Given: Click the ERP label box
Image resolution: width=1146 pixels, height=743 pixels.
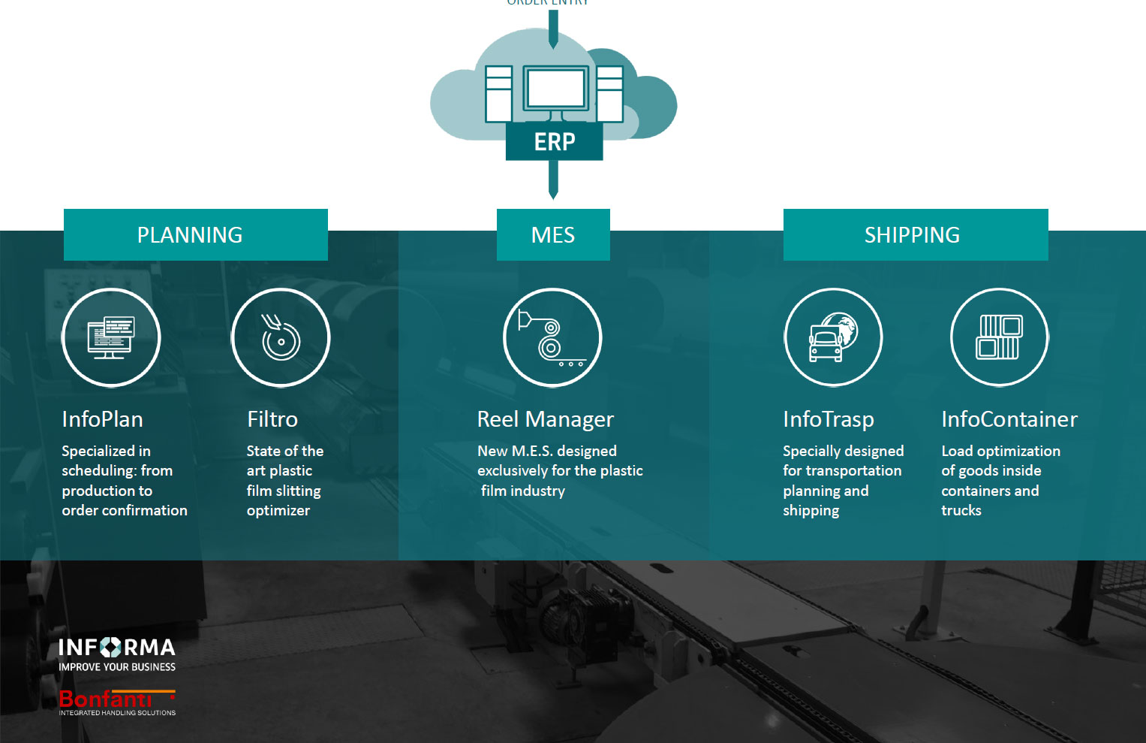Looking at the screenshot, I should [554, 141].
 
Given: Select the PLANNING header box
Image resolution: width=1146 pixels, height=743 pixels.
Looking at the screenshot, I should [195, 234].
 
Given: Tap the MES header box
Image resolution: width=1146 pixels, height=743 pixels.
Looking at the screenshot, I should [553, 234].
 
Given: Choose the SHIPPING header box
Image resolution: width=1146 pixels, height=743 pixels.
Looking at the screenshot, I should [915, 234].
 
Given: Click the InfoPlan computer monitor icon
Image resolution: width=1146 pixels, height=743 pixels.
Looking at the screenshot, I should [111, 337].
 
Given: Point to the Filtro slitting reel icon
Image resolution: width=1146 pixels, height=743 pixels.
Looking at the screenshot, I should [281, 337].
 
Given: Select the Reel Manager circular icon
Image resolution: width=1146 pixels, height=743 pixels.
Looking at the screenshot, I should [552, 337].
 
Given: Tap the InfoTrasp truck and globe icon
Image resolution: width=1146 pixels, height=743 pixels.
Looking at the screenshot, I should [833, 337].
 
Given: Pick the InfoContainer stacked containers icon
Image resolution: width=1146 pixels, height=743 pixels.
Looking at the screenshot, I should [999, 337].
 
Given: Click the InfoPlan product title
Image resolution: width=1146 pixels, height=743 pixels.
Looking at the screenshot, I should [102, 419].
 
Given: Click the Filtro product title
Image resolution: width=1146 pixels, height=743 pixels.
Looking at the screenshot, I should [272, 419].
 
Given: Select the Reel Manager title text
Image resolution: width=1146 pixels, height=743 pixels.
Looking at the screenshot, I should [546, 419].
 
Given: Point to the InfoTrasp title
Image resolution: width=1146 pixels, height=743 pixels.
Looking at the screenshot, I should [829, 419].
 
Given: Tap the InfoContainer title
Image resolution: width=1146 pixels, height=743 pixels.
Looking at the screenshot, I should [1009, 419].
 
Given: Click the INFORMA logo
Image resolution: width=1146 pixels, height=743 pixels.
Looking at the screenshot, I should [117, 648].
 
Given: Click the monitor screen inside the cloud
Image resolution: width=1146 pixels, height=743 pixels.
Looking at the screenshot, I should [555, 89].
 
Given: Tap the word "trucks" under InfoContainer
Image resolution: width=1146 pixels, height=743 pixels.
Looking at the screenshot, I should [961, 510].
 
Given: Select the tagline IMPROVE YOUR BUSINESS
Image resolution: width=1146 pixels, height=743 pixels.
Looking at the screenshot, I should [117, 667].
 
